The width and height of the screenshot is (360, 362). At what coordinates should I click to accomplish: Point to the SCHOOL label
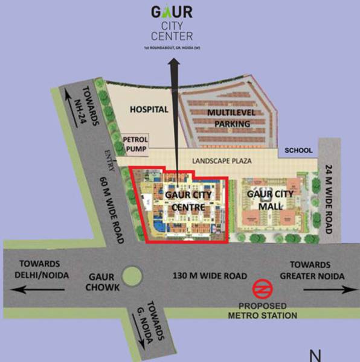coord(298,150)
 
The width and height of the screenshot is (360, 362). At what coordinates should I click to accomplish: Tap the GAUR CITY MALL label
coord(270,198)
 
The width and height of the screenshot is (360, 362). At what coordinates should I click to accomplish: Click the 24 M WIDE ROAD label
coord(328,198)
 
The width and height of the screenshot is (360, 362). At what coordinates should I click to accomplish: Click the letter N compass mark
coord(315,355)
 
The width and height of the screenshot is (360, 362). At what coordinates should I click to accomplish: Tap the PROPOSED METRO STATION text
coord(262,311)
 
